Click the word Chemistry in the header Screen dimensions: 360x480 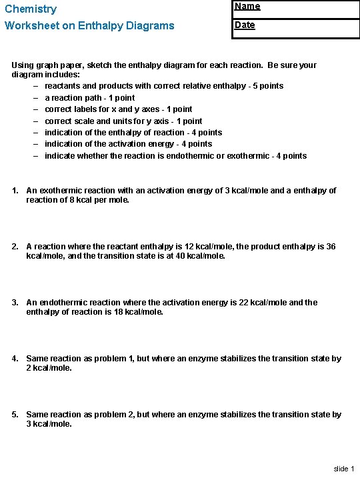click(31, 9)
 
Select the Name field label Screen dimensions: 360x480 click(247, 7)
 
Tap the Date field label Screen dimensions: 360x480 click(245, 25)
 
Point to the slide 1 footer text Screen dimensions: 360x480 click(343, 469)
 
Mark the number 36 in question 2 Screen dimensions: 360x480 click(331, 247)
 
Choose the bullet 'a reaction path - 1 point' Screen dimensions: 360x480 click(89, 98)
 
